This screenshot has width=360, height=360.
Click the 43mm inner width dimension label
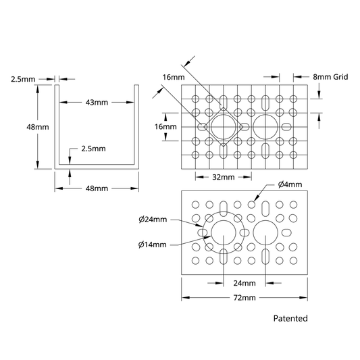click(97, 103)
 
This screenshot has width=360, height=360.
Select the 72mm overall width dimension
click(245, 298)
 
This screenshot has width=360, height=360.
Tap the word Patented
click(290, 318)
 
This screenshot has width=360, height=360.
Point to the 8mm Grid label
click(330, 77)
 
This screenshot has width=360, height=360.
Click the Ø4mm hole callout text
click(290, 184)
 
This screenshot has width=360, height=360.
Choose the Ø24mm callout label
click(153, 220)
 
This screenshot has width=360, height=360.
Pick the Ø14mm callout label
click(153, 245)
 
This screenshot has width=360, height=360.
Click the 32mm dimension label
click(224, 177)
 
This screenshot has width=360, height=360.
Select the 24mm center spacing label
click(245, 283)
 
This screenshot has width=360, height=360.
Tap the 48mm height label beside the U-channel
click(38, 127)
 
